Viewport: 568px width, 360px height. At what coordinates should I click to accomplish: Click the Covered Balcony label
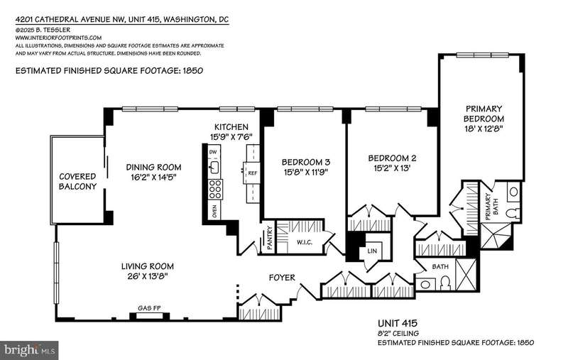(x=78, y=182)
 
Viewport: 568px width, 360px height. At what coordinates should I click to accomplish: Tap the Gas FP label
(x=149, y=308)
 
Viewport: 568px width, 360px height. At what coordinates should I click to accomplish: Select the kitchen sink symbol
(x=214, y=167)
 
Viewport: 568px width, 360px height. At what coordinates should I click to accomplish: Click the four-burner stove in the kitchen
(x=215, y=189)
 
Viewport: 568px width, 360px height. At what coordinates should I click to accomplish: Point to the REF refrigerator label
(x=253, y=173)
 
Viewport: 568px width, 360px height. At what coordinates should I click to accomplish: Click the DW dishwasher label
(x=213, y=152)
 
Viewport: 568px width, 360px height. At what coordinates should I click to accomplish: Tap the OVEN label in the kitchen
(x=214, y=210)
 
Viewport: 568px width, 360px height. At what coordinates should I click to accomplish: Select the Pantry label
(x=270, y=238)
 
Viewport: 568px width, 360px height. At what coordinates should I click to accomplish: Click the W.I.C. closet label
(x=305, y=242)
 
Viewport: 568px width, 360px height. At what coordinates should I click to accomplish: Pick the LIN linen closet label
(x=372, y=251)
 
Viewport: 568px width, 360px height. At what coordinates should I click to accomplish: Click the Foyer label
(x=282, y=278)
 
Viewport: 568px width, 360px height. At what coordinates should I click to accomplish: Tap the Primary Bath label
(x=491, y=207)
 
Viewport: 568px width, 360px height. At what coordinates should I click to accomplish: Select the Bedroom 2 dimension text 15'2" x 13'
(x=392, y=168)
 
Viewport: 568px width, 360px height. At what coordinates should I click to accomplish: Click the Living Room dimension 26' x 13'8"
(x=148, y=276)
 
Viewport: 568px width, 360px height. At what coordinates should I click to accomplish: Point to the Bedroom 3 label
(x=306, y=162)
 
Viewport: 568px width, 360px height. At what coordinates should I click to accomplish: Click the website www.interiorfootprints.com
(x=58, y=38)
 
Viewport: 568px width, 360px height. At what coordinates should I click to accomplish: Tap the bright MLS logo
(x=29, y=350)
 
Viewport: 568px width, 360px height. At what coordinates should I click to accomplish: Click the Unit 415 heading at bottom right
(x=398, y=323)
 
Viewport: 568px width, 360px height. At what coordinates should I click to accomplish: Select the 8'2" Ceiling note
(x=398, y=333)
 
